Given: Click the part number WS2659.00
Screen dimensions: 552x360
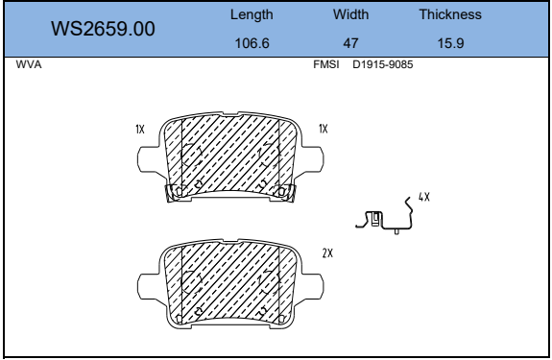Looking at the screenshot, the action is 103,29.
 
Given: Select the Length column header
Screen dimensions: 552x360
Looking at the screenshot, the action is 252,14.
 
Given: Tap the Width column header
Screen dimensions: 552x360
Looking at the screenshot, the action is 350,14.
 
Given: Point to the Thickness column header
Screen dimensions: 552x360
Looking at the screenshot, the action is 450,14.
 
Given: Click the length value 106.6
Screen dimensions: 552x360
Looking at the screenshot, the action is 252,43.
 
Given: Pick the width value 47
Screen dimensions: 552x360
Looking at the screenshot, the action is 350,43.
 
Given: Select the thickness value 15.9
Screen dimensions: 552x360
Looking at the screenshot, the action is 450,43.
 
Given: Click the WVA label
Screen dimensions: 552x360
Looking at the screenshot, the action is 29,64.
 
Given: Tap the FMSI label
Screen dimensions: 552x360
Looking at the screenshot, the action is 326,64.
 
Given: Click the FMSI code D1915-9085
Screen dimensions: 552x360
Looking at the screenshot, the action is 383,64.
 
